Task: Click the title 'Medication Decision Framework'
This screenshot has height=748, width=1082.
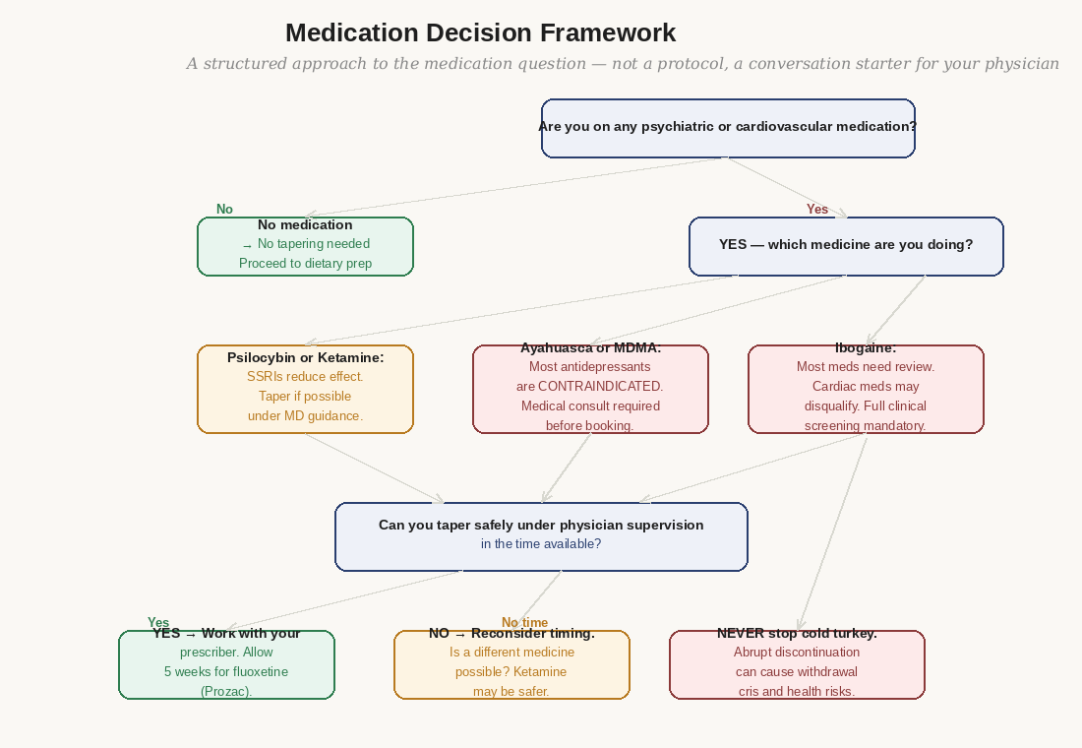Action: click(480, 32)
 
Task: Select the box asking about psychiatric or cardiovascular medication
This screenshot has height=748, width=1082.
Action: click(728, 128)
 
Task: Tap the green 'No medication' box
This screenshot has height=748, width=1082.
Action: click(305, 246)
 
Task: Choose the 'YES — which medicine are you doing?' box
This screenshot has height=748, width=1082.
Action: click(846, 245)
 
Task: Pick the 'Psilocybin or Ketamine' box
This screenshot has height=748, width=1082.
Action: click(305, 389)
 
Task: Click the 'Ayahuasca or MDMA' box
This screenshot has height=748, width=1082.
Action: click(590, 389)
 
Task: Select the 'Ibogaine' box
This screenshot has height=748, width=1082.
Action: click(866, 389)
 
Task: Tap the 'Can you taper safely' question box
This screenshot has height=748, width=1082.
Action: click(541, 536)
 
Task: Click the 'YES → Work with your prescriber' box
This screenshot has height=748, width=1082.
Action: click(226, 664)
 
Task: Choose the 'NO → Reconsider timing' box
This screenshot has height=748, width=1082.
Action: click(511, 664)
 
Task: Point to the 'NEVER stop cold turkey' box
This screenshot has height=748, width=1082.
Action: click(797, 664)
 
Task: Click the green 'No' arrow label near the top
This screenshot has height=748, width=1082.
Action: click(224, 209)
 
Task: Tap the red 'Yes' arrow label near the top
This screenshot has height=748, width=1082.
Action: click(817, 209)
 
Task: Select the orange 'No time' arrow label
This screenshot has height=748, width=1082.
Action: click(524, 622)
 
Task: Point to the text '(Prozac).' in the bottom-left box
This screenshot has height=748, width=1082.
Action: click(226, 691)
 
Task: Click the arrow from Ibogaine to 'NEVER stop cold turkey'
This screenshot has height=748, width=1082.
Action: click(832, 531)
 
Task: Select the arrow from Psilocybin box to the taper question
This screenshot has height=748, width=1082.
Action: click(374, 467)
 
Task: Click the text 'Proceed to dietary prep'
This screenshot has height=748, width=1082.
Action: click(305, 263)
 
